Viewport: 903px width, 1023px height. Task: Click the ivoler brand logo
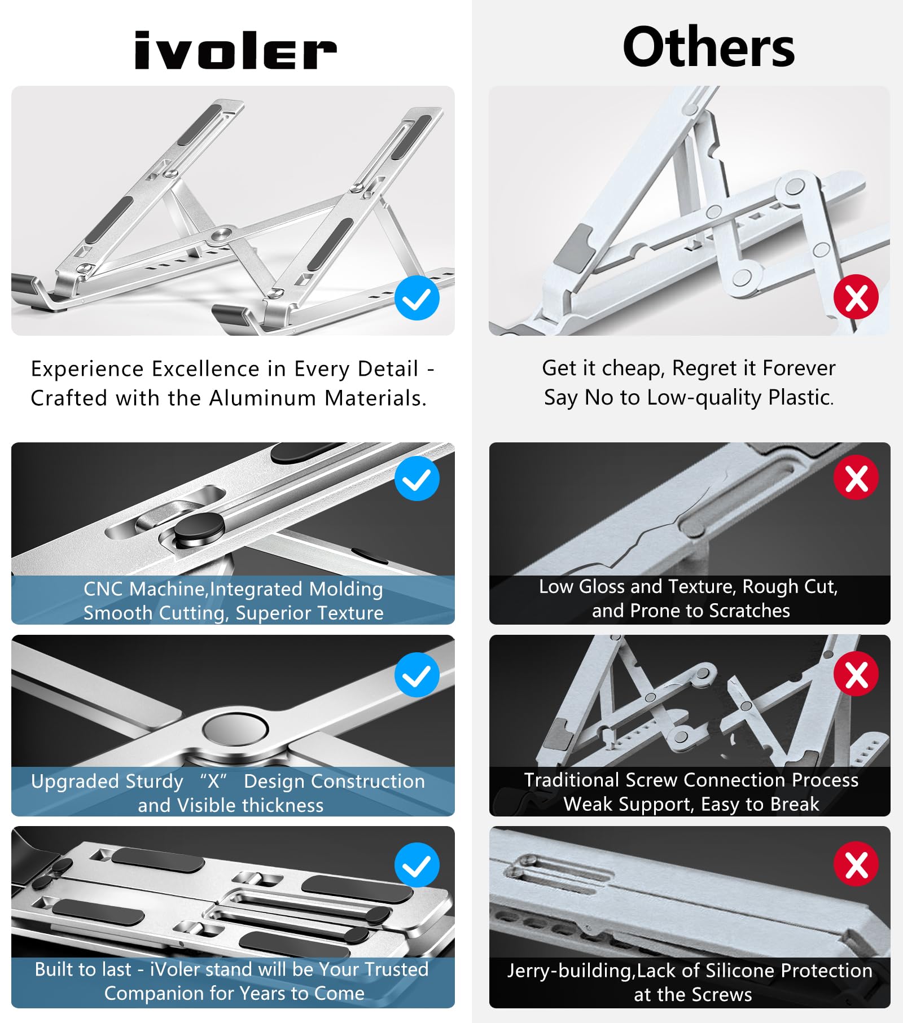click(x=235, y=51)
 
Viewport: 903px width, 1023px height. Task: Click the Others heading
click(x=708, y=47)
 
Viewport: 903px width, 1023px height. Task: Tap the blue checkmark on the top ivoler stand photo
click(x=417, y=298)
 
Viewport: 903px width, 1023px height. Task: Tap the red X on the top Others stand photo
click(x=856, y=297)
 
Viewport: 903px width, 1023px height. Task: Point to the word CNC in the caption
click(x=103, y=589)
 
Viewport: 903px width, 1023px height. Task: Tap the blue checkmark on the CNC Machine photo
click(x=417, y=479)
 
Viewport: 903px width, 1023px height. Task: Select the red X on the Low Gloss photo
click(x=856, y=478)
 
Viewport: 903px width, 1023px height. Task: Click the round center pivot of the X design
click(x=235, y=729)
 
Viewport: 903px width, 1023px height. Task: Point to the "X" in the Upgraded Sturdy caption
click(x=213, y=781)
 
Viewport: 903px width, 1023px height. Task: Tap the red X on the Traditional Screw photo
click(x=856, y=674)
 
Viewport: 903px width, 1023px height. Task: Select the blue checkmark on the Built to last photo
click(x=417, y=865)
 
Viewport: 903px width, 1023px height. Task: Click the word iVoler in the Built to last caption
click(x=174, y=969)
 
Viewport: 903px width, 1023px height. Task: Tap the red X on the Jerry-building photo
click(x=856, y=864)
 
